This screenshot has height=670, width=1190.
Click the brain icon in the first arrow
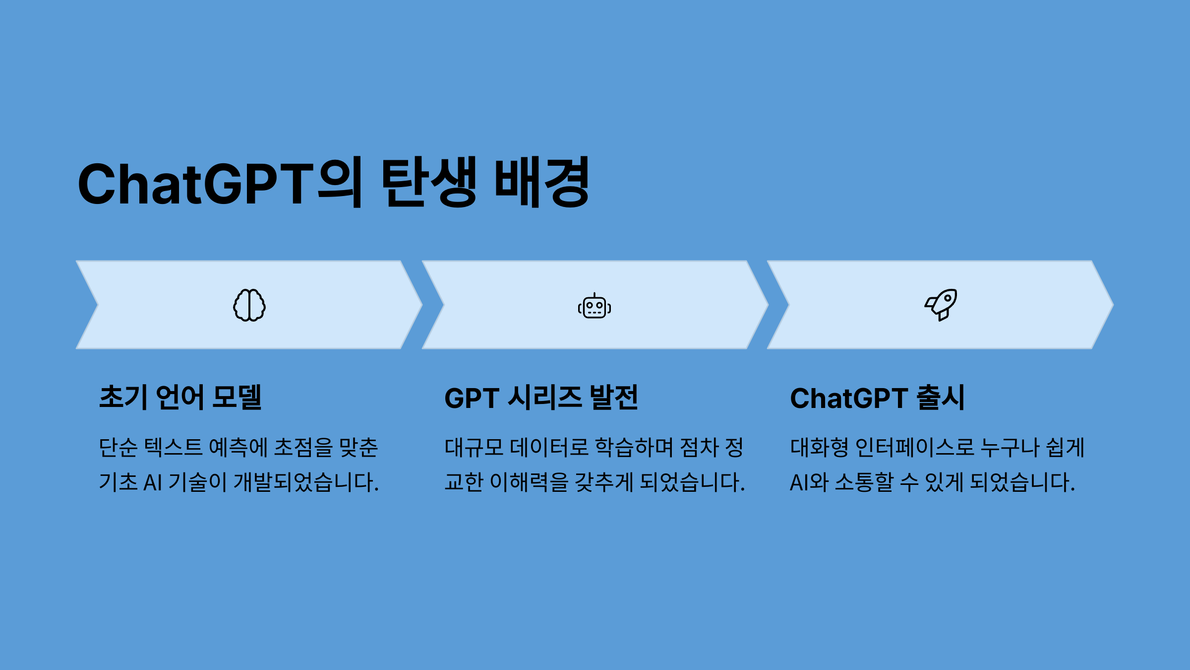pyautogui.click(x=249, y=305)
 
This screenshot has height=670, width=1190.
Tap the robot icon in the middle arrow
pyautogui.click(x=595, y=306)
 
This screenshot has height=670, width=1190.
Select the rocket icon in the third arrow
pyautogui.click(x=941, y=305)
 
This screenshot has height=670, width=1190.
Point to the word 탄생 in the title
pyautogui.click(x=429, y=182)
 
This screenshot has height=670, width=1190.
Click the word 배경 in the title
pyautogui.click(x=542, y=182)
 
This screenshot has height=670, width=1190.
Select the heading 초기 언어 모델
pyautogui.click(x=180, y=398)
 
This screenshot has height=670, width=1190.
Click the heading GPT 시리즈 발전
pyautogui.click(x=541, y=398)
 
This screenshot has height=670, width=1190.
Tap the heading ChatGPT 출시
pyautogui.click(x=877, y=398)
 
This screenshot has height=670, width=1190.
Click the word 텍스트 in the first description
pyautogui.click(x=174, y=447)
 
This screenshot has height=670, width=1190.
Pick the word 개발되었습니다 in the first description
pyautogui.click(x=306, y=482)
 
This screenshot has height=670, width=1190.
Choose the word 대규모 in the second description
pyautogui.click(x=475, y=447)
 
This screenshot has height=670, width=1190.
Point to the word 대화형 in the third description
pyautogui.click(x=820, y=447)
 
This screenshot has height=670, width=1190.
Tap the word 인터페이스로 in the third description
pyautogui.click(x=915, y=447)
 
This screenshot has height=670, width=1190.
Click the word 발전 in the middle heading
pyautogui.click(x=614, y=398)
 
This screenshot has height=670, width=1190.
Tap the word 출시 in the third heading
pyautogui.click(x=941, y=398)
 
